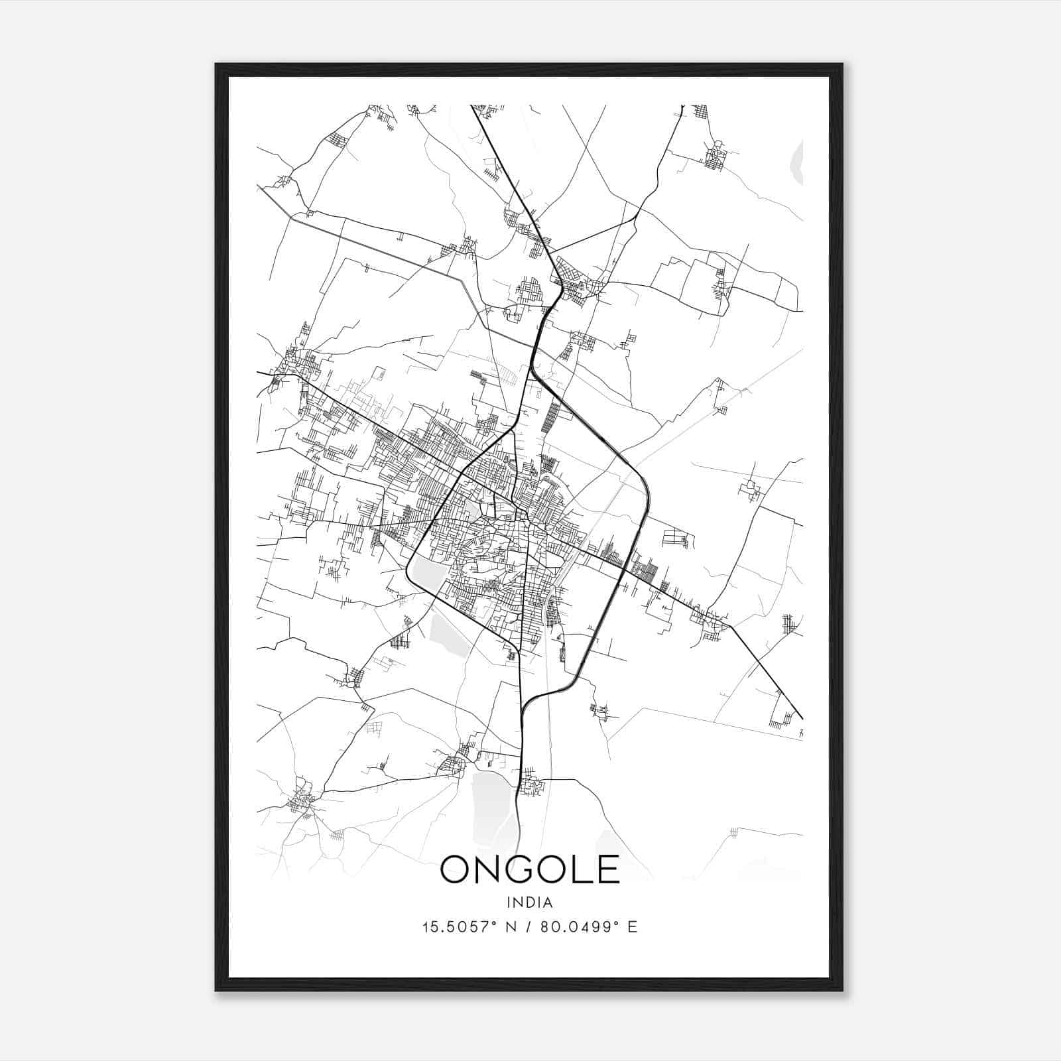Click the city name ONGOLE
pos(530,869)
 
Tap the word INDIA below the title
pos(530,903)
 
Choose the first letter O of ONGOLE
pos(456,869)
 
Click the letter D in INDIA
pos(530,903)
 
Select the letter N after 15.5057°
pos(511,927)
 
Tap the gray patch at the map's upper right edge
pos(798,162)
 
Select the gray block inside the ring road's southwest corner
pos(428,571)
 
